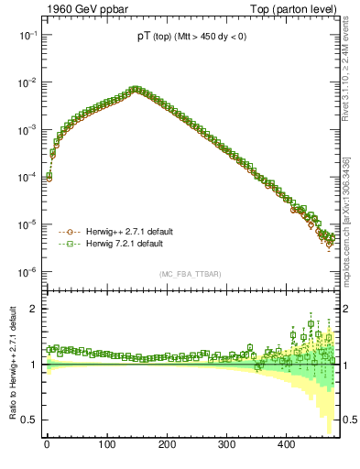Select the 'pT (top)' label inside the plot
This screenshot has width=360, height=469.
coord(147,37)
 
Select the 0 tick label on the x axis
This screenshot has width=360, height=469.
coord(47,444)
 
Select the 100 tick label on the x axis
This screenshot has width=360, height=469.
coord(107,444)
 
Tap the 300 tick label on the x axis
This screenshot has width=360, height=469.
coord(226,444)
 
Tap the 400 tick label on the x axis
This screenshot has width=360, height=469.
coord(287,444)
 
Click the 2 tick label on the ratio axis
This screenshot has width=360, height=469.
coord(33,309)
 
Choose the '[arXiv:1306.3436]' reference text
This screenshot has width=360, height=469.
coord(351,196)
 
